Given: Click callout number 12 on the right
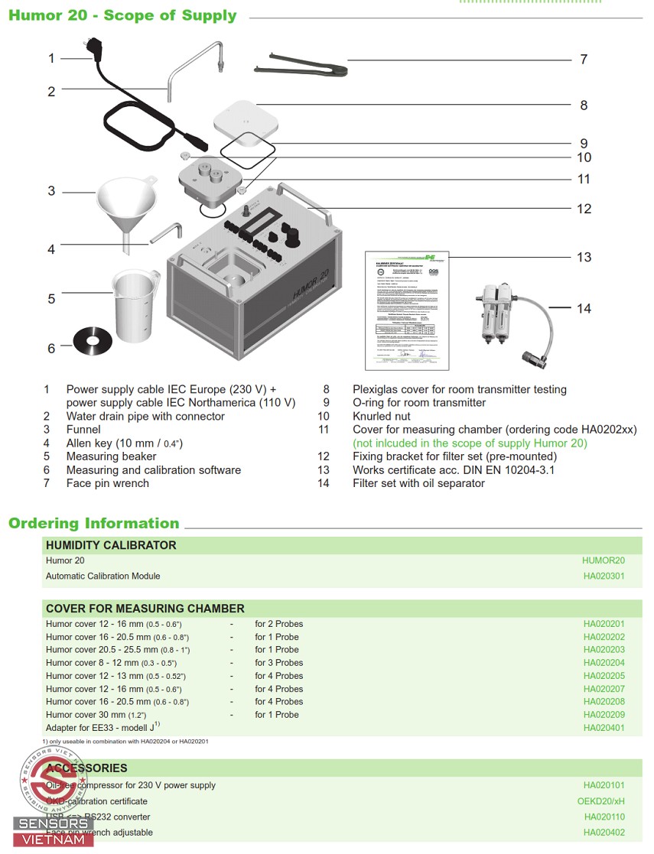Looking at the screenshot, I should [584, 209].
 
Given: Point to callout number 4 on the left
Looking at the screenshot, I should [51, 249].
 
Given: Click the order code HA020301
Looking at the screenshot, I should [604, 576].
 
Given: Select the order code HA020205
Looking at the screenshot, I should [604, 676].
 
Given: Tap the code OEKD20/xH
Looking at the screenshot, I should [600, 801].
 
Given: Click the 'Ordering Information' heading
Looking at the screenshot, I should [94, 524].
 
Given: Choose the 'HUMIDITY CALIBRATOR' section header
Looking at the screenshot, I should [111, 545].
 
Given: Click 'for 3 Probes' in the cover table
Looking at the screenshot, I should [278, 663].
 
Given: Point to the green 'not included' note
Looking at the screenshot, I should [470, 443].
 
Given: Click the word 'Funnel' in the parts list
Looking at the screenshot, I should [83, 430].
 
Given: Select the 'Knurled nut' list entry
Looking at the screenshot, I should [381, 416].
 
